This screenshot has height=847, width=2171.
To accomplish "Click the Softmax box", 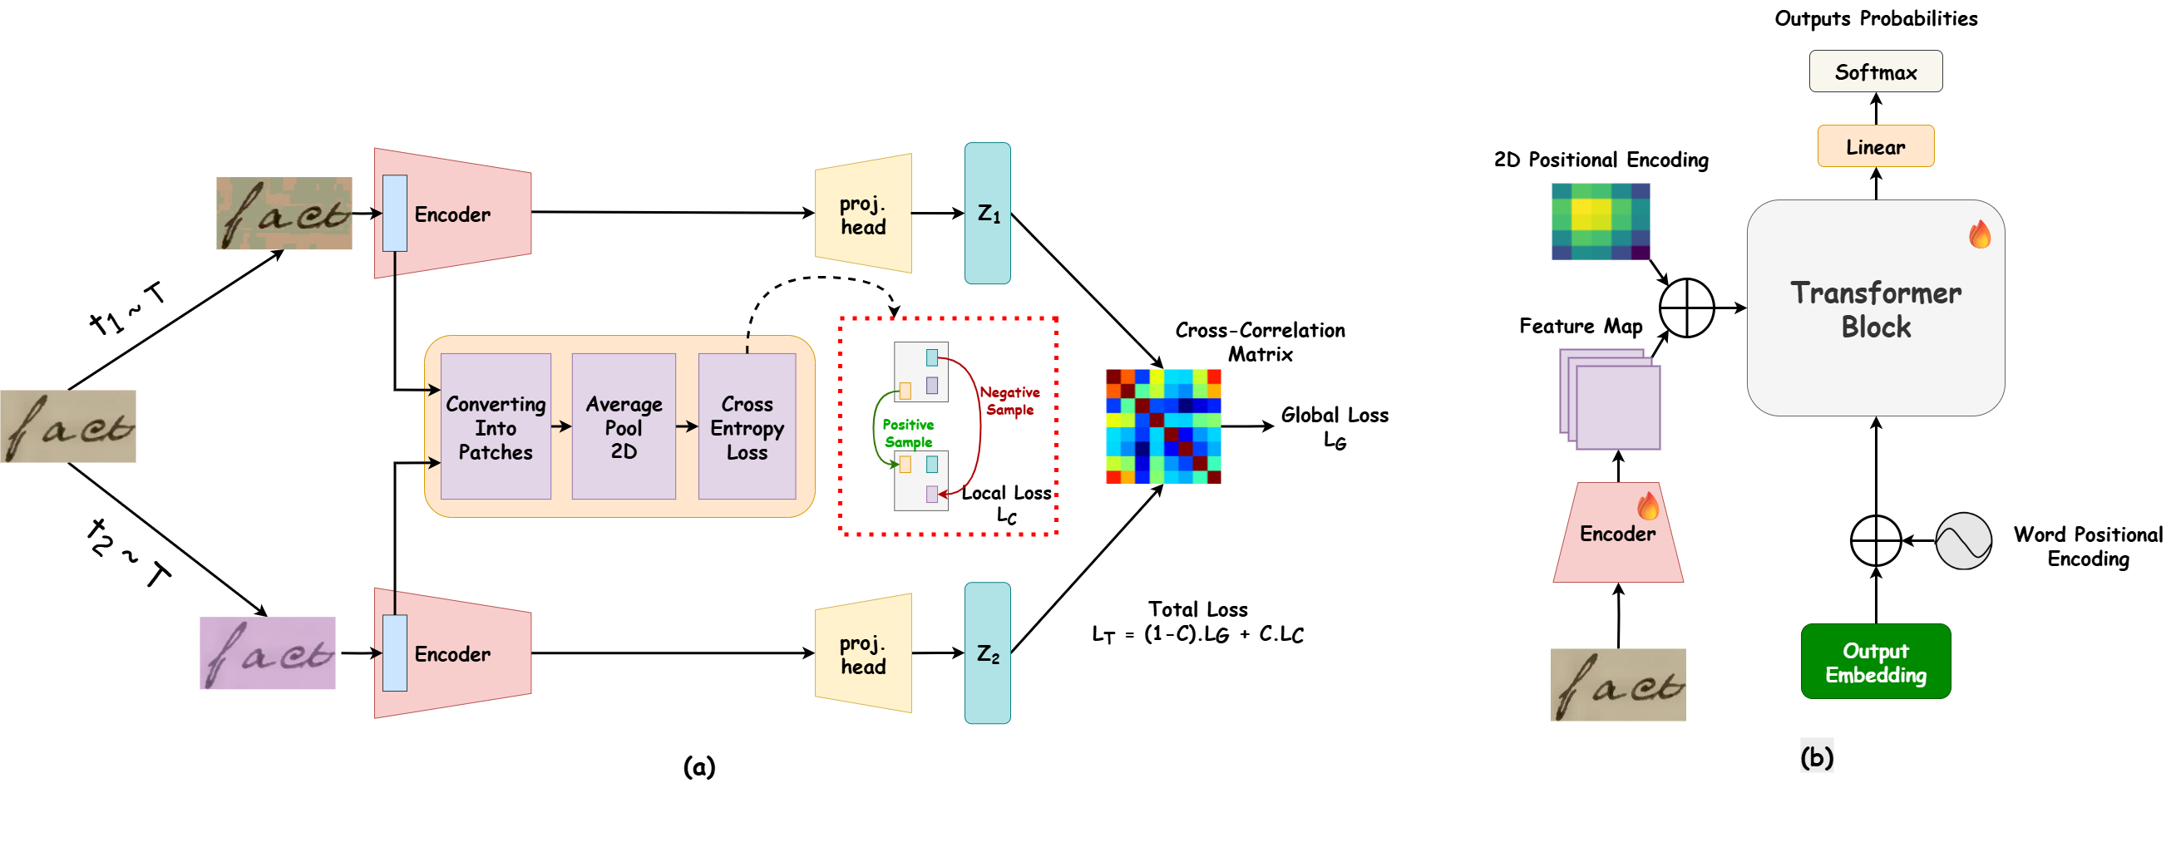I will (1875, 71).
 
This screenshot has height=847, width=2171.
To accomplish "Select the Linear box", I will (1875, 146).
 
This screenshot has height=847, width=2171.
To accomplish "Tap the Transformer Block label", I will (1875, 309).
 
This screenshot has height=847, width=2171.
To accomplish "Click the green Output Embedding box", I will (1875, 662).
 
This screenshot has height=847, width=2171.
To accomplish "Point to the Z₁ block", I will (987, 214).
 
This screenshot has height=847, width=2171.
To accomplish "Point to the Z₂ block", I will (987, 653).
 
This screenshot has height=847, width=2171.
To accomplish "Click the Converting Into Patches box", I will (496, 427).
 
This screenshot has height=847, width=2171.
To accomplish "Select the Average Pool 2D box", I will (624, 427).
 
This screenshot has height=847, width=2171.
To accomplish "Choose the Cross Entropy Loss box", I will (747, 427).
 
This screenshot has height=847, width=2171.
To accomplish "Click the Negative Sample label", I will (1009, 401).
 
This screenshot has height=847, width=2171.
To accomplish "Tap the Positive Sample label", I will (908, 433).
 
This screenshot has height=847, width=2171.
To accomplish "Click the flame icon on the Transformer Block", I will (1980, 234).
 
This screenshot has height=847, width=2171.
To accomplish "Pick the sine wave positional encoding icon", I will (1963, 540).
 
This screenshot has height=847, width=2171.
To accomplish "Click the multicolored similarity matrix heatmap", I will (1163, 426).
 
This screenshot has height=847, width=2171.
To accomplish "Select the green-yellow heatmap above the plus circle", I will (1601, 222).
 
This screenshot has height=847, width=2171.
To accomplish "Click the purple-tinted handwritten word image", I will (267, 653).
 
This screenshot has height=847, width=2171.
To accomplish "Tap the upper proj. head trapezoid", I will (864, 214).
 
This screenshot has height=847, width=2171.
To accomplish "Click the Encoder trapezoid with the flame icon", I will (1617, 534).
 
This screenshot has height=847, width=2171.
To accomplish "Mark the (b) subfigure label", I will (1816, 756).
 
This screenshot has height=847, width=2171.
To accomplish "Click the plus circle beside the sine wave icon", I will (1875, 540).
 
